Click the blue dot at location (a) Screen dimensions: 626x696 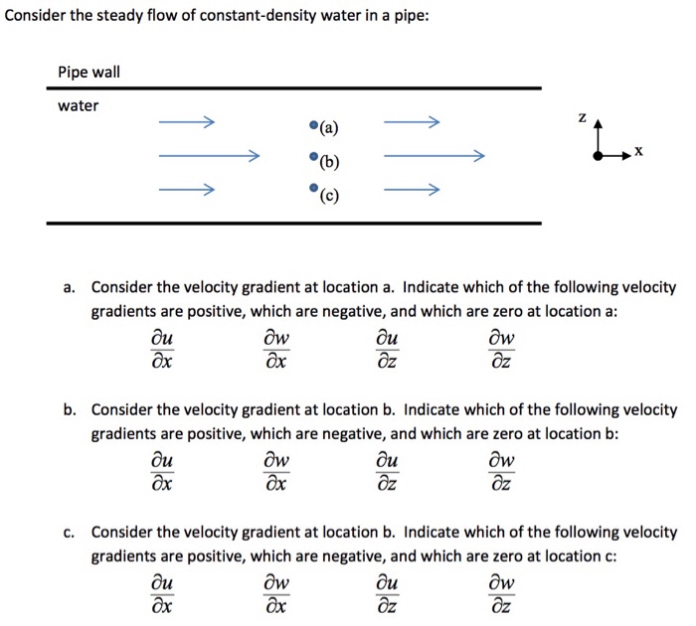pyautogui.click(x=314, y=126)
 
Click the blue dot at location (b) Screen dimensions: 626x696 pyautogui.click(x=314, y=157)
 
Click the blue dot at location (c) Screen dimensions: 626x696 pyautogui.click(x=314, y=188)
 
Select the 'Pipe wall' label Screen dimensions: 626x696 pyautogui.click(x=87, y=73)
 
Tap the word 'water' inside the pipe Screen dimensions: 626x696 pyautogui.click(x=78, y=105)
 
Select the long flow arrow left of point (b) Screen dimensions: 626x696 pyautogui.click(x=209, y=156)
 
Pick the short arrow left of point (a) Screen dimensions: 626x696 pyautogui.click(x=186, y=124)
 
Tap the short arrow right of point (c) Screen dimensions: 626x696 pyautogui.click(x=410, y=189)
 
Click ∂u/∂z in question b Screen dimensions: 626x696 pyautogui.click(x=392, y=474)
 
